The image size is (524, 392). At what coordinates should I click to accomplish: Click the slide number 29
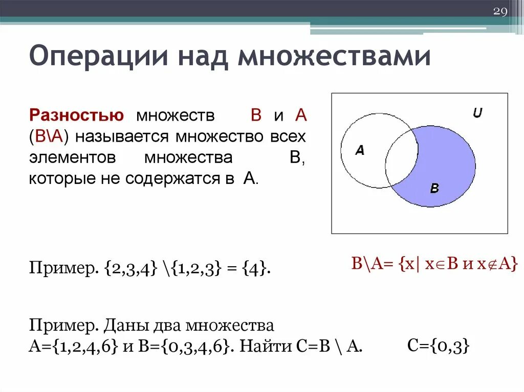[x=499, y=12]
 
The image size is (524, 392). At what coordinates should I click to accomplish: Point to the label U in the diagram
[x=477, y=113]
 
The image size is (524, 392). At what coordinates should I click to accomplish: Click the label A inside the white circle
[x=359, y=150]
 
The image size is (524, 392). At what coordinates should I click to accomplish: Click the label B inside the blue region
[x=434, y=188]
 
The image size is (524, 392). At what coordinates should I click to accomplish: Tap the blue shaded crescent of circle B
[x=450, y=164]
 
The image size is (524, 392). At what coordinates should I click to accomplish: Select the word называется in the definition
[x=122, y=137]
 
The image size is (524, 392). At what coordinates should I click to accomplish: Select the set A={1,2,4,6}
[x=74, y=347]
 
